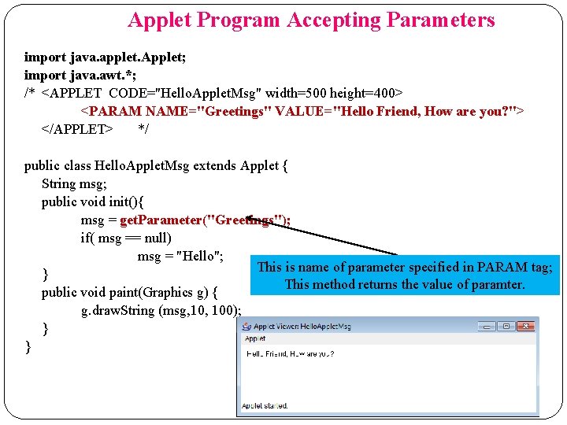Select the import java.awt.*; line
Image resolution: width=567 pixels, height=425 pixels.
(x=72, y=75)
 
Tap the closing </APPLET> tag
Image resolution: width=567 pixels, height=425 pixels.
(x=77, y=128)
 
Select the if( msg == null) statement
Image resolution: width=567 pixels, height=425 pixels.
(x=126, y=238)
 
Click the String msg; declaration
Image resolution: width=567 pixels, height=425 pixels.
(x=71, y=183)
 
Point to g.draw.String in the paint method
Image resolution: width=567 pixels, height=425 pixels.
(x=118, y=310)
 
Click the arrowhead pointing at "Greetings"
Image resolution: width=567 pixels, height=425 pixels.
(x=250, y=218)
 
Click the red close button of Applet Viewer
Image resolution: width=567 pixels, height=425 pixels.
(x=524, y=326)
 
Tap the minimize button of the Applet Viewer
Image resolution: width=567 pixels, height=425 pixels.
(x=487, y=326)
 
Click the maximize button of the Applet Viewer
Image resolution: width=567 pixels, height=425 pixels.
(x=505, y=326)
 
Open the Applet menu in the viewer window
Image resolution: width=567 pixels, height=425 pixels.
(x=255, y=338)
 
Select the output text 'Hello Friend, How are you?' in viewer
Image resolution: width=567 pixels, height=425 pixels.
(x=290, y=354)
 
